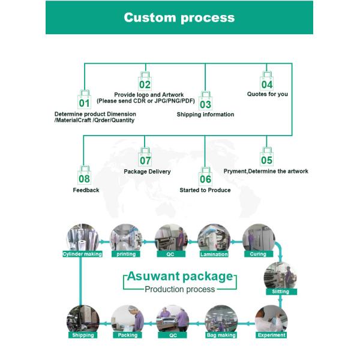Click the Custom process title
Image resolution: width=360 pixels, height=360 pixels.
click(179, 17)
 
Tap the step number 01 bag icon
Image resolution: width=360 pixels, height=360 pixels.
click(84, 100)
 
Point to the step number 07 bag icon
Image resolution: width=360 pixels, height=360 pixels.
click(145, 158)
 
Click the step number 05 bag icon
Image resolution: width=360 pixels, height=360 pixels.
click(266, 158)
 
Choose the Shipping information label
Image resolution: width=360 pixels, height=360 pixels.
click(205, 115)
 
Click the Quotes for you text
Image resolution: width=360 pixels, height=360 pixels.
click(268, 94)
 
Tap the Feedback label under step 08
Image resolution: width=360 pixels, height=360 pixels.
click(86, 190)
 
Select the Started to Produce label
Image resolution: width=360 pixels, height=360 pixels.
click(205, 190)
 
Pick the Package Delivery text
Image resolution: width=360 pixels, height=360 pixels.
click(147, 172)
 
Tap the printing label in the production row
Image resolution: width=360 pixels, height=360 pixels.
click(126, 254)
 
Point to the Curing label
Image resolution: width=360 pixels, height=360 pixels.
click(258, 254)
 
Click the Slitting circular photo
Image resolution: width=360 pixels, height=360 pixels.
click(280, 276)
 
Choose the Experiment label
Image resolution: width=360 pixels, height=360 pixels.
click(271, 335)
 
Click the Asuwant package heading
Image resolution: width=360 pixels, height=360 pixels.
click(180, 277)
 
